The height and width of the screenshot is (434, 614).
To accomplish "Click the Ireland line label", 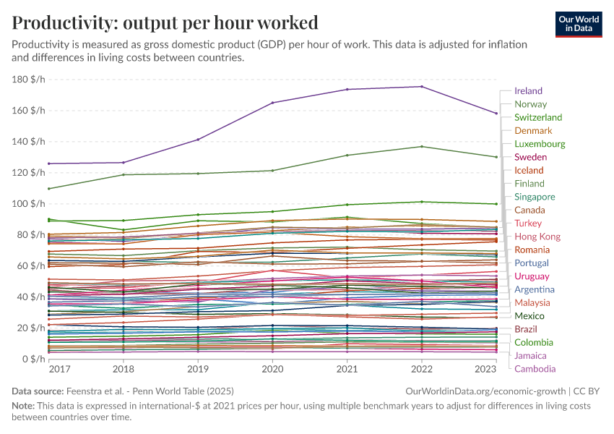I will pos(528,91).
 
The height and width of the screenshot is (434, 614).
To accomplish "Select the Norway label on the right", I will pos(530,104).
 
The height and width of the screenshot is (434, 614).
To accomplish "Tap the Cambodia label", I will pos(535,369).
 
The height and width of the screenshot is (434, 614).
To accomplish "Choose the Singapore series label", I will pos(535,197).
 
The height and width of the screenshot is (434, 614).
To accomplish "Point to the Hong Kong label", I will pos(537,237).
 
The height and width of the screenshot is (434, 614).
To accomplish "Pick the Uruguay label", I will pos(532,276).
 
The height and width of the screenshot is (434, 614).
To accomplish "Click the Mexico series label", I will pos(529,316).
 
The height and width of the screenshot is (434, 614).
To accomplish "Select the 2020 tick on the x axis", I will pos(272,369).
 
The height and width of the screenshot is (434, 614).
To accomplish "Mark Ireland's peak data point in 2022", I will pos(422,87).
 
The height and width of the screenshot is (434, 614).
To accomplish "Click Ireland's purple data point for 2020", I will pos(272,103).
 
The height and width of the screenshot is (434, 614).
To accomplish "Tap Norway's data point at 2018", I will pos(124,174).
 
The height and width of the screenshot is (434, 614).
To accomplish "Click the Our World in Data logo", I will pos(578,24).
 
